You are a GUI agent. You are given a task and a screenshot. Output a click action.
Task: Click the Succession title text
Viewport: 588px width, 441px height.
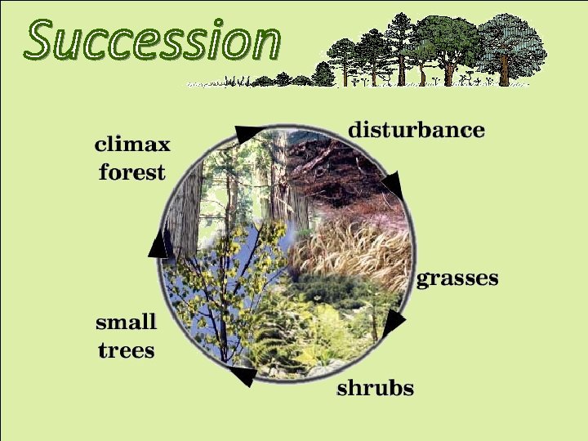click(x=153, y=40)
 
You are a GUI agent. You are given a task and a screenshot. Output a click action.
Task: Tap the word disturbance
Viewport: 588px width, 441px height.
click(x=416, y=130)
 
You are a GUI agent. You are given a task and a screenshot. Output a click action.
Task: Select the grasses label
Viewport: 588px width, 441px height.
click(x=457, y=278)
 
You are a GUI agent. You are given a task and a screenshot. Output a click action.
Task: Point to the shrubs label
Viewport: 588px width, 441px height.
click(x=376, y=388)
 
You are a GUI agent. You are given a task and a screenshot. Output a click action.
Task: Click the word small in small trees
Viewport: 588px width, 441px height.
click(x=127, y=321)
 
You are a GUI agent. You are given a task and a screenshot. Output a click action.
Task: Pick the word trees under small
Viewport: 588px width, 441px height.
click(x=127, y=350)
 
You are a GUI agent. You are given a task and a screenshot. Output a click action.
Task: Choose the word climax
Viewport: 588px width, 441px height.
click(x=132, y=145)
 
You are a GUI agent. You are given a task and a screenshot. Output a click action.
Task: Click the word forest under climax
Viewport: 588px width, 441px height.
click(x=132, y=172)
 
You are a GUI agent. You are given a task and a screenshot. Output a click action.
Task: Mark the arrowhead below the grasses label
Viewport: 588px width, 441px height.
click(x=393, y=323)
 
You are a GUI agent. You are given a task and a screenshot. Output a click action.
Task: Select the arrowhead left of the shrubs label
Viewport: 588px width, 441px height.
click(x=243, y=376)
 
